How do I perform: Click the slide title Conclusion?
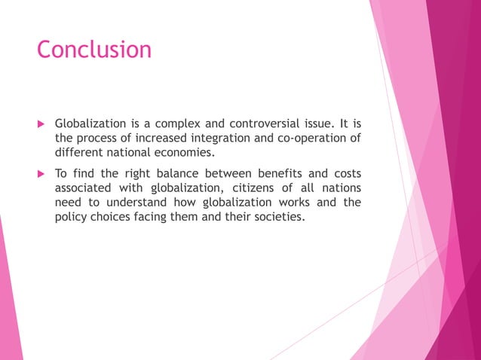[93, 50]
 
